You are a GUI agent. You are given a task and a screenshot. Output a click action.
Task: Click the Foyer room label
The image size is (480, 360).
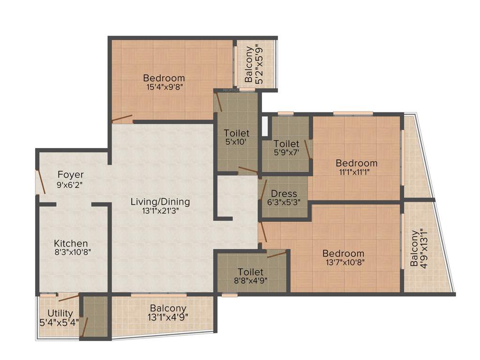pos(71,175)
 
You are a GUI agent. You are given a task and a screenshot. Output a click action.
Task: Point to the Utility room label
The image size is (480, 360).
pos(60,313)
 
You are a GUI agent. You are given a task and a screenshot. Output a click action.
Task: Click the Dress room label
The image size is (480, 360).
pos(284,194)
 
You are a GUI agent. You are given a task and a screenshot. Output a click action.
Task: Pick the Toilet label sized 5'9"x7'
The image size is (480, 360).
pos(286,143)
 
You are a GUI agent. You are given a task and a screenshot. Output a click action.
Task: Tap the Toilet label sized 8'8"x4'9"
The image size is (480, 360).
pos(250,272)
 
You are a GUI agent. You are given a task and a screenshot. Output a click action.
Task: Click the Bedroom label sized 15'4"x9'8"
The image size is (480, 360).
pos(164,78)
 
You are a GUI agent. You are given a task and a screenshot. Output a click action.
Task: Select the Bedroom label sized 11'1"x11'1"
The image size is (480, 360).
pos(357,163)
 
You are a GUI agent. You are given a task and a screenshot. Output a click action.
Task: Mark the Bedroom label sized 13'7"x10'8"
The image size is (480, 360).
pos(343,254)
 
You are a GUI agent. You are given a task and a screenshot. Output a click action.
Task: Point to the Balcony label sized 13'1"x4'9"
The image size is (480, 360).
pos(168,308)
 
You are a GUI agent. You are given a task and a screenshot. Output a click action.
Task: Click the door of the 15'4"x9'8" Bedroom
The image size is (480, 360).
pos(122,119)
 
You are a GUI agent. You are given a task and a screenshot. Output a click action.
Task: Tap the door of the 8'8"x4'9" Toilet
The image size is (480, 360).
pos(277,254)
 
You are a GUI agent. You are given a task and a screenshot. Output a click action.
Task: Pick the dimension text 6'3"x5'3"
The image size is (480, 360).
pos(284,202)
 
